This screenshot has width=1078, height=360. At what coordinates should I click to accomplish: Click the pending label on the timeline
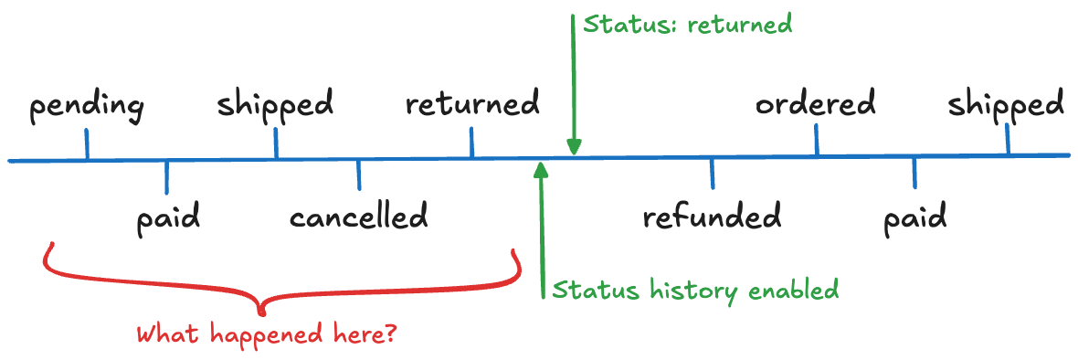click(87, 107)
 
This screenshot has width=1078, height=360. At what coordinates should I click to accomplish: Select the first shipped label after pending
click(275, 105)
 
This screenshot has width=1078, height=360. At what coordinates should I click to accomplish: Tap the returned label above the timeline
click(472, 104)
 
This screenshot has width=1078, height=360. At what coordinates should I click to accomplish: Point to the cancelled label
click(358, 218)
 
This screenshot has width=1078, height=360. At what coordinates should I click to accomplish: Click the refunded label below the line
click(712, 218)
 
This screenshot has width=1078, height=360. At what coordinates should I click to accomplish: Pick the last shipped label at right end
click(1006, 104)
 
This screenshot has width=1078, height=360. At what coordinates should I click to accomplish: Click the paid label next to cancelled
click(168, 220)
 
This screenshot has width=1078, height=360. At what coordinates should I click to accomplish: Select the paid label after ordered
click(914, 220)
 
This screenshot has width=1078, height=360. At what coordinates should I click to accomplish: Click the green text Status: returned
click(687, 25)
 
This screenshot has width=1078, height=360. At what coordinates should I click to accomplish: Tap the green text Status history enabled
click(694, 291)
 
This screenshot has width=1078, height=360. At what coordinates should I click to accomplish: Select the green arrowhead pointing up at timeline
click(542, 171)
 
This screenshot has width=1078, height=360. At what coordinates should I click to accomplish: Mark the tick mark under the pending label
click(87, 144)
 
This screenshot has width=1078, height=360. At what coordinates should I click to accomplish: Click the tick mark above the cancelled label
click(358, 175)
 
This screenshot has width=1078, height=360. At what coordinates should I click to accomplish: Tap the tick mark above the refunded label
click(713, 174)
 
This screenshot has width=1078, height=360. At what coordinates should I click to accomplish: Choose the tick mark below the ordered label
click(816, 140)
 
